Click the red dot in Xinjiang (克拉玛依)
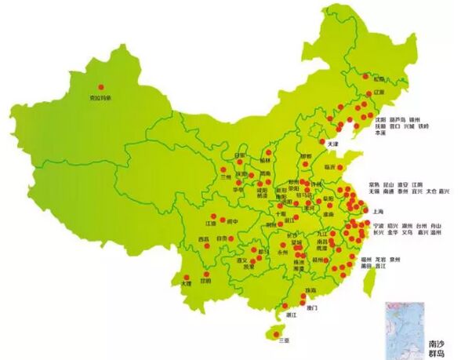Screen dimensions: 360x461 (x=100, y=87)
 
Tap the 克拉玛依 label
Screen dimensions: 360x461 (x=100, y=98)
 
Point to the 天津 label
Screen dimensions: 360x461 (x=332, y=144)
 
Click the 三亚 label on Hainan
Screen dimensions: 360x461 (x=283, y=339)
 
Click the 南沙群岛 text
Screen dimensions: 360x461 (x=439, y=348)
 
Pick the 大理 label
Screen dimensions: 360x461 (x=186, y=283)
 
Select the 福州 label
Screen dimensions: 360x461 (x=366, y=258)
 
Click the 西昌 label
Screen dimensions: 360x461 (x=204, y=238)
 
